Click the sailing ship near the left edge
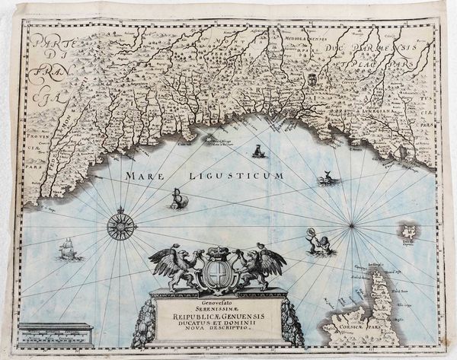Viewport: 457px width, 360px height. (x=68, y=249)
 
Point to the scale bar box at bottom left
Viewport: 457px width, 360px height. (x=56, y=333)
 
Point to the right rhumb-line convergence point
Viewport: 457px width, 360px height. (x=353, y=224)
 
